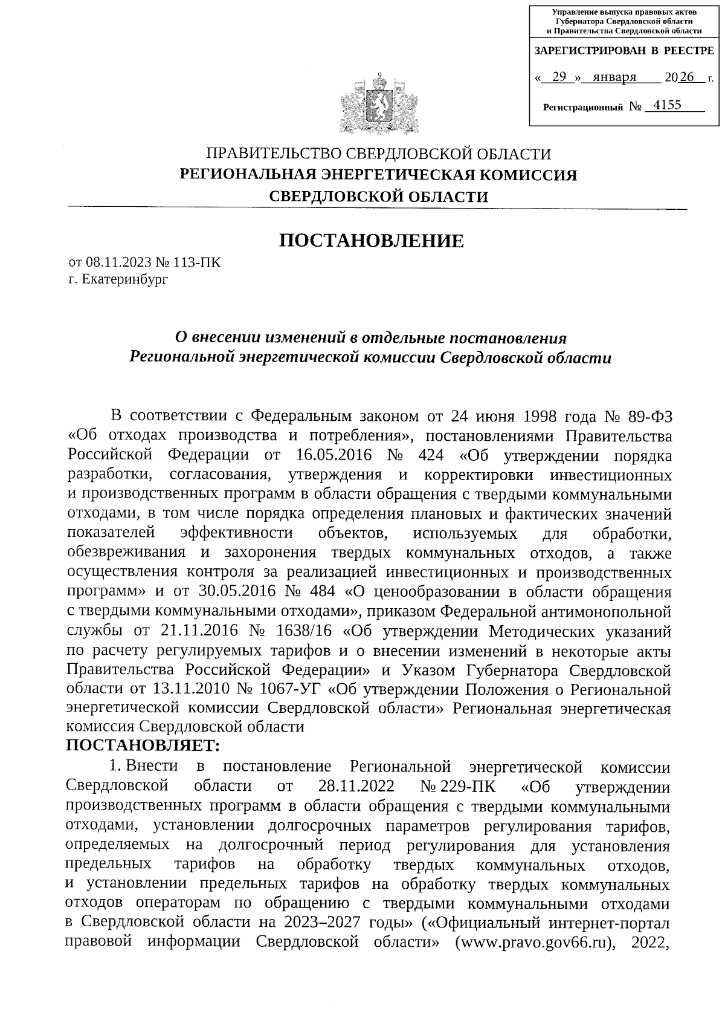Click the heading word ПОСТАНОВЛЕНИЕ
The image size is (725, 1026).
pyautogui.click(x=371, y=241)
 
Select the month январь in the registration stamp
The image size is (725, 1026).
pyautogui.click(x=615, y=77)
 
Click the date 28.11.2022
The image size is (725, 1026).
pyautogui.click(x=356, y=787)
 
